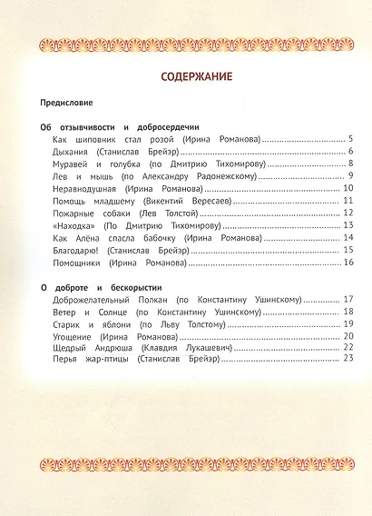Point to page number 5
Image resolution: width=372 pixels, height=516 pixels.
pyautogui.click(x=349, y=139)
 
